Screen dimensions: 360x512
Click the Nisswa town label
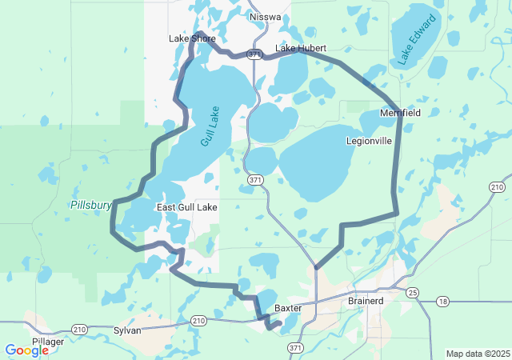(x=265, y=16)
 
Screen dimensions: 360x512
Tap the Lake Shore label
(x=192, y=38)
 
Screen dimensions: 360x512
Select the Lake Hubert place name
(x=301, y=49)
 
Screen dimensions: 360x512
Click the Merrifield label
(x=400, y=114)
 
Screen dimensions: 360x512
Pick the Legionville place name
(x=369, y=141)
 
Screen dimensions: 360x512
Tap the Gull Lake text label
(x=210, y=126)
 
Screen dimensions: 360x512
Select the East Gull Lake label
(x=186, y=207)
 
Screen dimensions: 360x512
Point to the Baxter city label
(x=287, y=307)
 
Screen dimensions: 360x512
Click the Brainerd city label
(x=366, y=301)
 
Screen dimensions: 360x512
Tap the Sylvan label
(x=127, y=330)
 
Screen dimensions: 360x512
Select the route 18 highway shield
(x=442, y=302)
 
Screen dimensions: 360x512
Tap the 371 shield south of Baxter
(x=296, y=348)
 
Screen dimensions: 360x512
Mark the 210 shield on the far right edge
(x=497, y=187)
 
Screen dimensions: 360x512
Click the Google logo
(x=26, y=350)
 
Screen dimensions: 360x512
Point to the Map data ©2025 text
(x=477, y=354)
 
